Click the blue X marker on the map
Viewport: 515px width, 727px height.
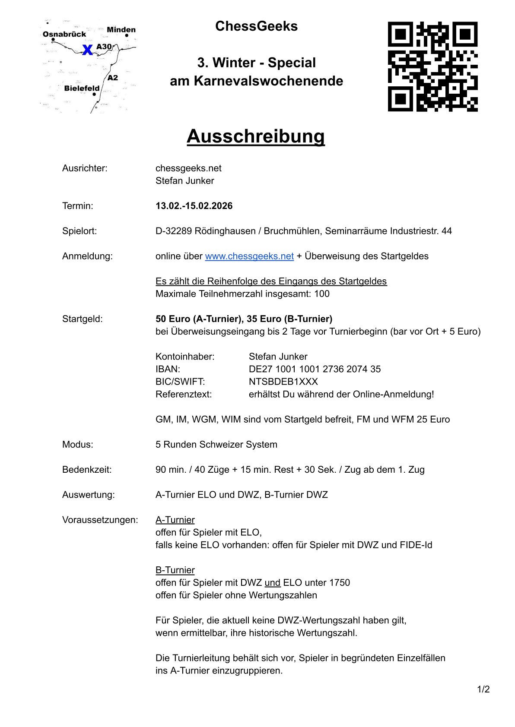(x=87, y=50)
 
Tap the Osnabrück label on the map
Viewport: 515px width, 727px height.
(x=64, y=34)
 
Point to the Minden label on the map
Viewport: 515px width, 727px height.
(x=121, y=30)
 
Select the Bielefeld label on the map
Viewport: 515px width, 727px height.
(x=82, y=88)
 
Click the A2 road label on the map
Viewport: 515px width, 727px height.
(x=113, y=78)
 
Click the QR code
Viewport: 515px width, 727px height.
(x=432, y=66)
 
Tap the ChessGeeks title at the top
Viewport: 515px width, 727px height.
(x=256, y=26)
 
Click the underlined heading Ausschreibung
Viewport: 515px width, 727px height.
(x=256, y=136)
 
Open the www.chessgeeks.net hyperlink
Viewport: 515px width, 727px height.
(x=249, y=256)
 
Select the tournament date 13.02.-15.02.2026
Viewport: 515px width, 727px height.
(x=194, y=206)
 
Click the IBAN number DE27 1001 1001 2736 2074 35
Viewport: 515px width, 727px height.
(x=315, y=369)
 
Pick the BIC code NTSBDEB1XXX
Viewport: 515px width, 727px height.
(x=283, y=382)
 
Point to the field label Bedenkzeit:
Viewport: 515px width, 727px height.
(x=87, y=470)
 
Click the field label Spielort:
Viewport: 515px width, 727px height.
(x=79, y=231)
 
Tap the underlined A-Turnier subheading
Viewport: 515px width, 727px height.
(x=175, y=520)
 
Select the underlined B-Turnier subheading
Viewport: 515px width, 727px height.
(x=175, y=570)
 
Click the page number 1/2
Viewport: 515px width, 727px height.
(x=483, y=689)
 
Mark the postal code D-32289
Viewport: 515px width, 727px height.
(x=174, y=231)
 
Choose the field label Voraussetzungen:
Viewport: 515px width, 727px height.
(x=100, y=520)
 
